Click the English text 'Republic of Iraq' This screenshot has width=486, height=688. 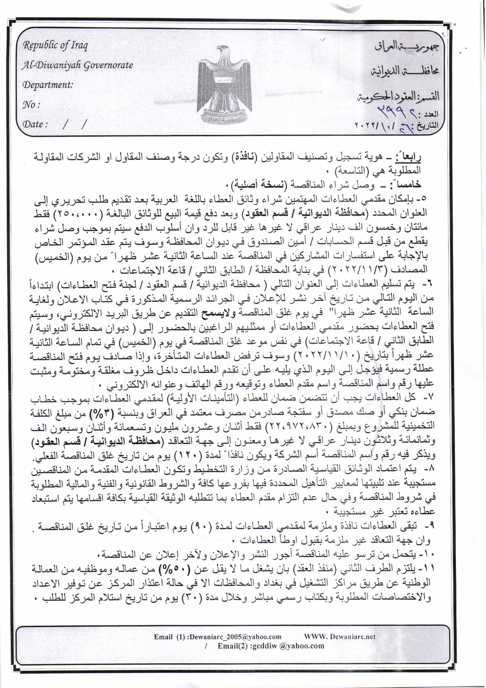[55, 46]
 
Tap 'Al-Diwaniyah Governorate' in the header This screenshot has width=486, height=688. [78, 65]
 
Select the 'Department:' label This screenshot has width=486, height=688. [48, 85]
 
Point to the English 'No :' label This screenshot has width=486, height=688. [31, 105]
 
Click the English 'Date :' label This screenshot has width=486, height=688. [35, 124]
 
